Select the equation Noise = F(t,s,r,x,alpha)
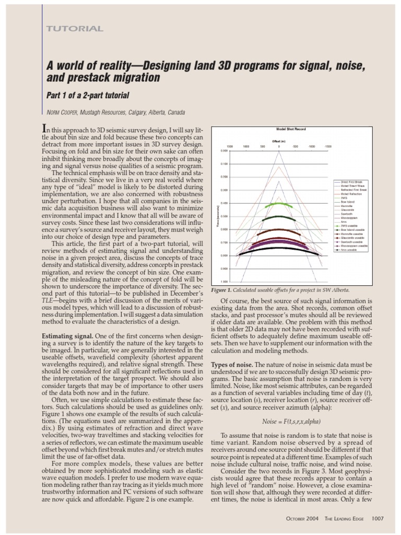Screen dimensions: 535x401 pos(291,421)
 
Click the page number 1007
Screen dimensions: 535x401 pos(378,518)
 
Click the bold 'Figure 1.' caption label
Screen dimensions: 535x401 pos(224,289)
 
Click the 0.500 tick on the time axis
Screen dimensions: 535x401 pos(225,216)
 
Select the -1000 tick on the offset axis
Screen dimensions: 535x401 pos(311,147)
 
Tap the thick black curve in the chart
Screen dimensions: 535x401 pos(278,248)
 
